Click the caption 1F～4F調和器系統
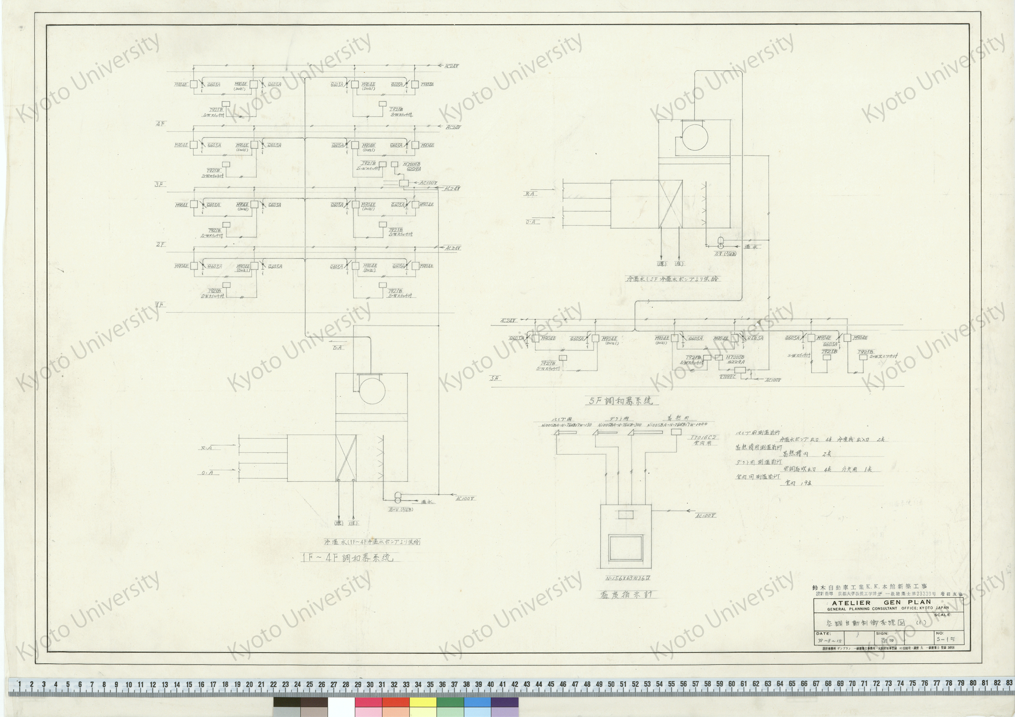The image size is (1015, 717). click(347, 557)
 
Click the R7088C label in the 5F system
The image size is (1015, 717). click(727, 377)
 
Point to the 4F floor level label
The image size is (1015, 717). click(160, 124)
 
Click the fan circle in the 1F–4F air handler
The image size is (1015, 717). click(371, 390)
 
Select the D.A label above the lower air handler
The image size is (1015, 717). click(337, 348)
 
